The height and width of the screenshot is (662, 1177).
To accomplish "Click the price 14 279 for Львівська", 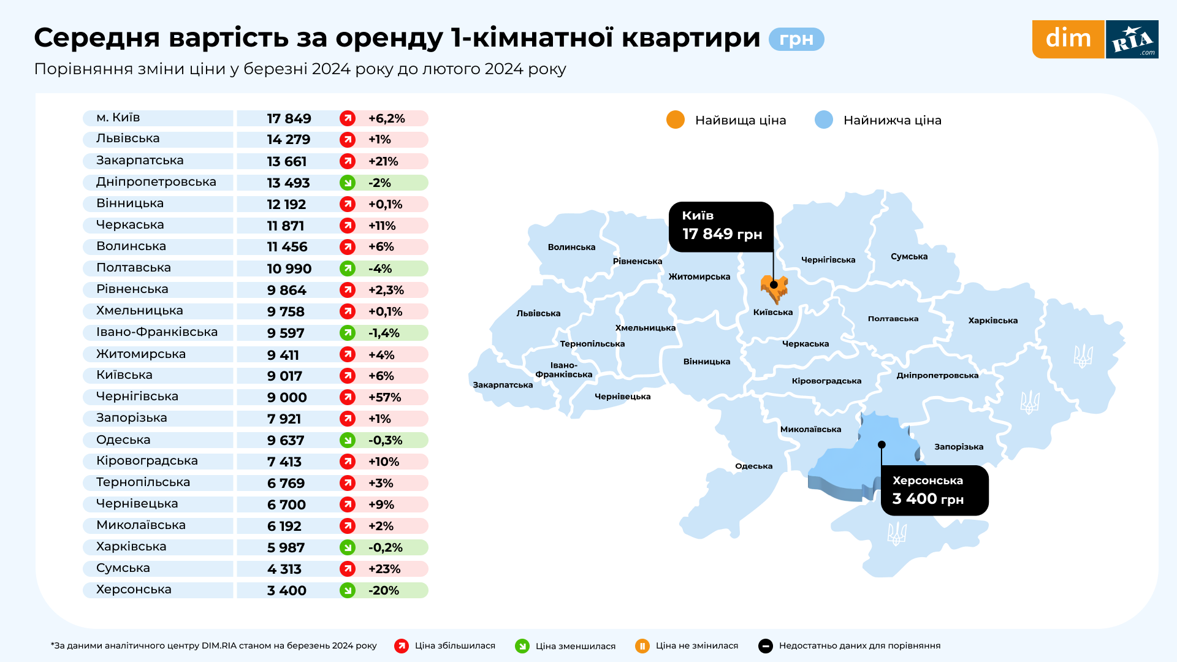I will click(288, 140).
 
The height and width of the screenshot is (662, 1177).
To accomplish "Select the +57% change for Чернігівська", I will click(384, 397).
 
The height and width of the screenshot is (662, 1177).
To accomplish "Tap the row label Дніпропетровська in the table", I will click(156, 182).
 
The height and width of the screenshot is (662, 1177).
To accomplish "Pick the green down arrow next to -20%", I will click(348, 590).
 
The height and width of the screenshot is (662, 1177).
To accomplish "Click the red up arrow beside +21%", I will click(348, 161).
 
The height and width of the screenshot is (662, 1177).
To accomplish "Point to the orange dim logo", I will click(1068, 39).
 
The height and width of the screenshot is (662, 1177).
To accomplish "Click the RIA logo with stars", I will click(1132, 39).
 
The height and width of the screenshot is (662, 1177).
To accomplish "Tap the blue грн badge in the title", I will click(796, 39).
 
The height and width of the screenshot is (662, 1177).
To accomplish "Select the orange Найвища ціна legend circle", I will click(676, 120).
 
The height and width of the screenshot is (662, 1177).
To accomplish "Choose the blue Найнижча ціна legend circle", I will click(824, 120).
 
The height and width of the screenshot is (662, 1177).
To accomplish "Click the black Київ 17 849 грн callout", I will click(722, 226).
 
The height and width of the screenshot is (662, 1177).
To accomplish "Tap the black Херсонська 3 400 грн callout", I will click(934, 490).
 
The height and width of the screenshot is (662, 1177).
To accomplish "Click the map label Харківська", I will click(992, 321).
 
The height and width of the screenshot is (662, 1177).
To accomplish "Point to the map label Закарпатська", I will click(503, 385).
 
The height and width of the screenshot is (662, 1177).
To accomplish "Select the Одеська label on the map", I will click(753, 466).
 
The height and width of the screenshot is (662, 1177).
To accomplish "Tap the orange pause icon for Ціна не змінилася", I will click(642, 645).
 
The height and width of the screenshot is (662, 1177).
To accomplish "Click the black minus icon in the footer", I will click(766, 645).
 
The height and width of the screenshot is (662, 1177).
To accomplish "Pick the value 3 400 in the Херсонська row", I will click(286, 590).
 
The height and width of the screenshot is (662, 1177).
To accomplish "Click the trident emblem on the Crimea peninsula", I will click(897, 534).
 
